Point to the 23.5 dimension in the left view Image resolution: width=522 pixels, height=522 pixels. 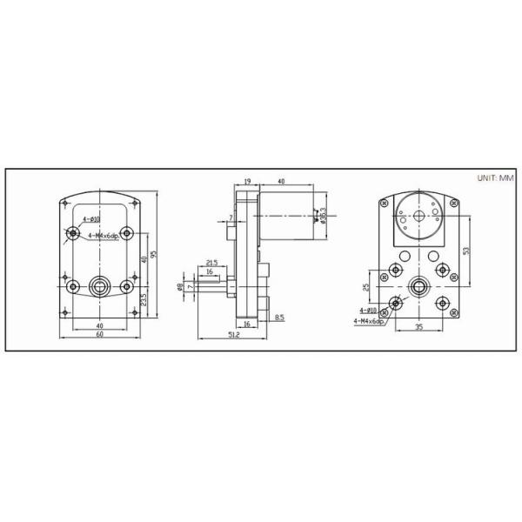(142, 298)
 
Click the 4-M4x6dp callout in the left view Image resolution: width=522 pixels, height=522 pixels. (103, 235)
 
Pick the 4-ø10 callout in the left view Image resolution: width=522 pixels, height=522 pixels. (91, 219)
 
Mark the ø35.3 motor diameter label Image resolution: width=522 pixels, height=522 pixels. (323, 212)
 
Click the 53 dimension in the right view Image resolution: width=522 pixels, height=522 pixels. (466, 250)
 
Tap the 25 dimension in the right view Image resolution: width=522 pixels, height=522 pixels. (366, 284)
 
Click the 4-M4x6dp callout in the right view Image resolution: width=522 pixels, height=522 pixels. (368, 320)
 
